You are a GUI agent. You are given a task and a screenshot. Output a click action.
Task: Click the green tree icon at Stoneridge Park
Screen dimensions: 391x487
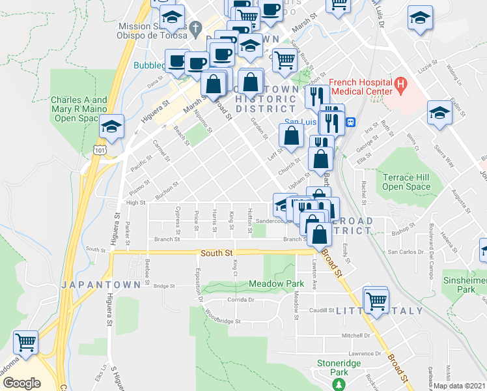coord(339,384)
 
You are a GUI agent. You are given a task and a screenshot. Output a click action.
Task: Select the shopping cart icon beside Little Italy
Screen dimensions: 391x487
coord(376,301)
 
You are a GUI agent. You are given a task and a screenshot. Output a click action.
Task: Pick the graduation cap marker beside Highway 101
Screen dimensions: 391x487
coord(112,127)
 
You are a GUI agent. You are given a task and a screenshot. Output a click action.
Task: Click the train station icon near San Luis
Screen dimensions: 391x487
coord(350,121)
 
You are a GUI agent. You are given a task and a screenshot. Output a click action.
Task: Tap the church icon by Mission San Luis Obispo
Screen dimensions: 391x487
coord(197,29)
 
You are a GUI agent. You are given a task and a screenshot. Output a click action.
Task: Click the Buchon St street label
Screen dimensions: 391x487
coord(169,194)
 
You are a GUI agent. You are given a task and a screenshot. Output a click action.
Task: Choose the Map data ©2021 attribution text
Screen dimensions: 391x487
coord(460,386)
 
